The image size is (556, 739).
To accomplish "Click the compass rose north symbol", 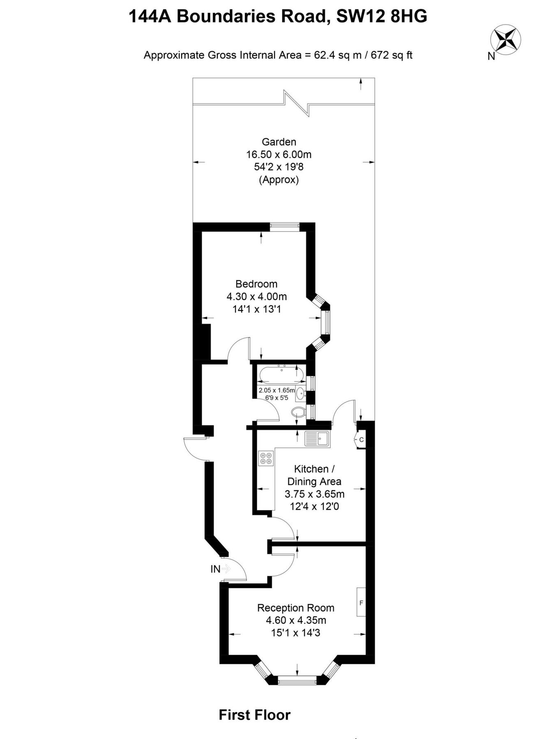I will [505, 39].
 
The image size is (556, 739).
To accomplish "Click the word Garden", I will [279, 142].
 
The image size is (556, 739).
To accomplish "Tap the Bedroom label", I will [256, 284].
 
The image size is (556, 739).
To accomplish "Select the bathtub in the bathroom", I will [281, 374].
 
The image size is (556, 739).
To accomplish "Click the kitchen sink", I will [317, 439].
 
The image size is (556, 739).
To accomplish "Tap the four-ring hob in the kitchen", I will [266, 458].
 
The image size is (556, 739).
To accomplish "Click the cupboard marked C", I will [360, 440].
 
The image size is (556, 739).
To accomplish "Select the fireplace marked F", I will [361, 602].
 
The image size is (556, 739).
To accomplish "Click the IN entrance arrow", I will [226, 569].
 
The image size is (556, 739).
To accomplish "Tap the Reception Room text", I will [295, 608].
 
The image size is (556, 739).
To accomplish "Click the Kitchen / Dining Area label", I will [314, 475].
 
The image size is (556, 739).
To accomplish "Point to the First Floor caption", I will [254, 715].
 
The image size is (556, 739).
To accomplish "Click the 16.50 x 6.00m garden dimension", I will [279, 154].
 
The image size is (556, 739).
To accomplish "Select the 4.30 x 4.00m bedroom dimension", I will [256, 296].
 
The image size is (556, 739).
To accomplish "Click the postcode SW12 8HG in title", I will [382, 16].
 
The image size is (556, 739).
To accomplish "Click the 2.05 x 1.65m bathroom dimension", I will [277, 390].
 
